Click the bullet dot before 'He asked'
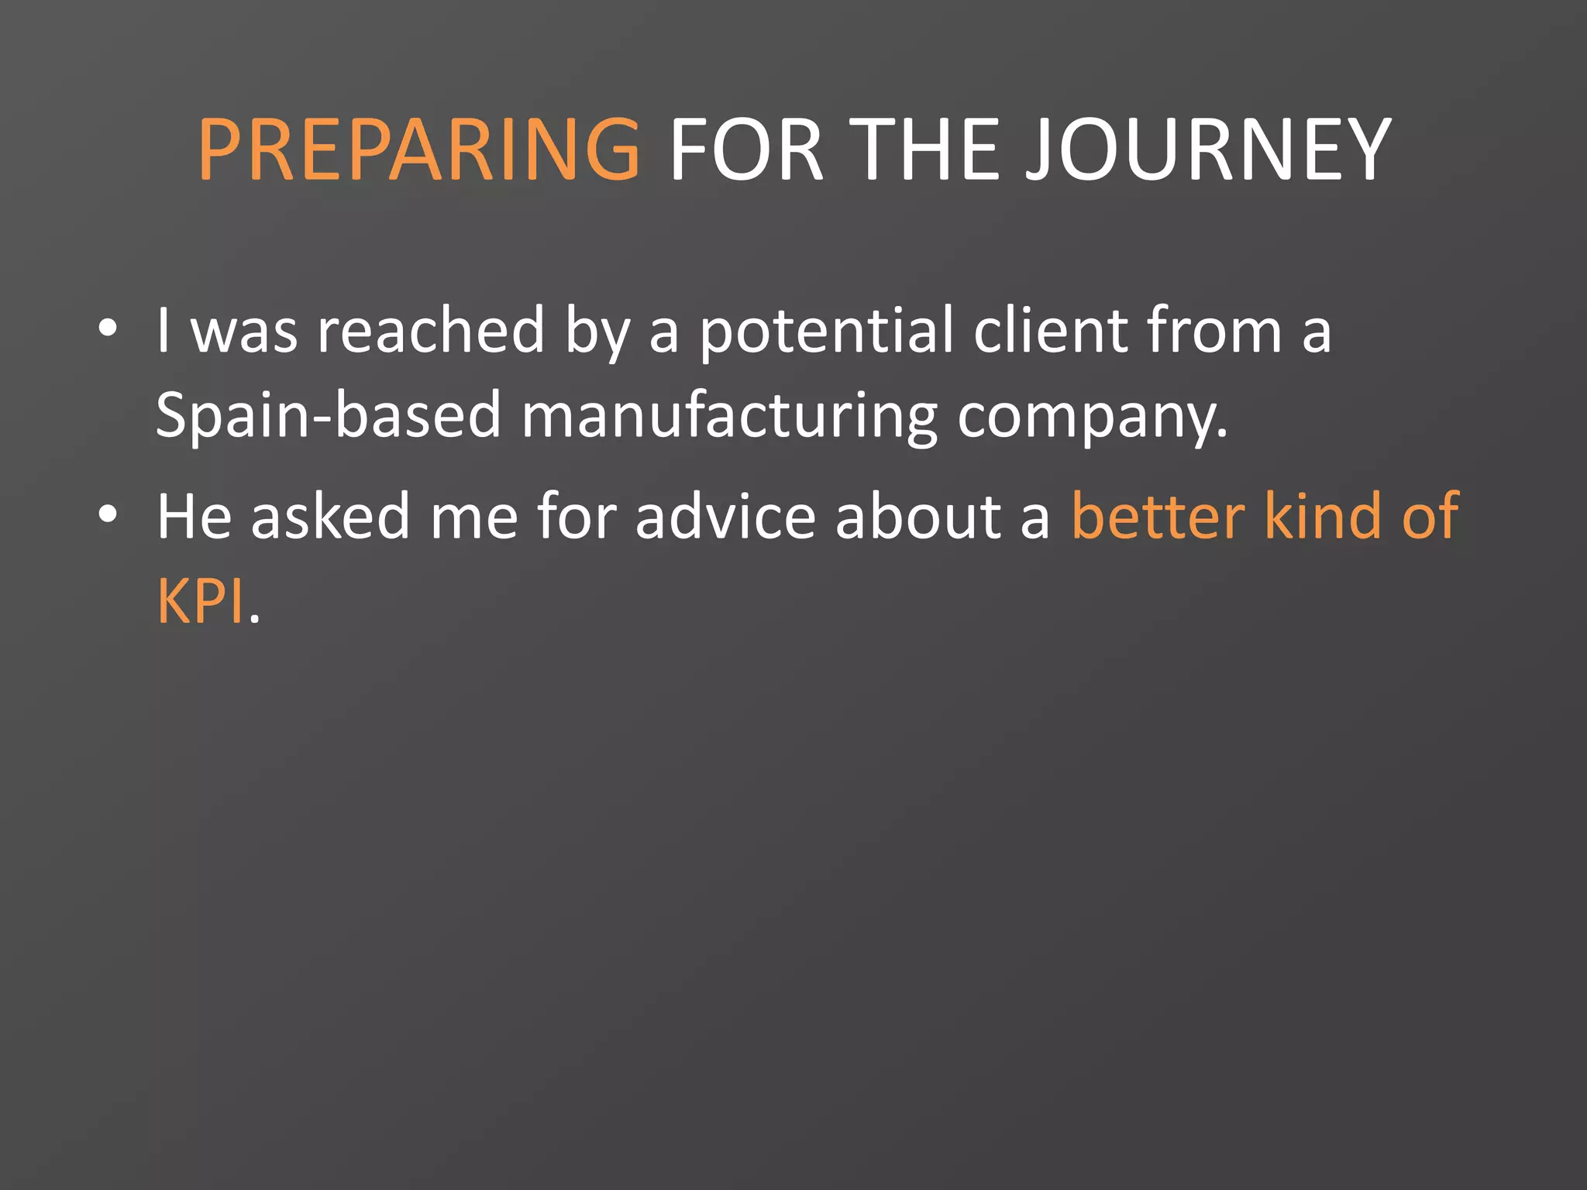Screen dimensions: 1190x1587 click(x=108, y=514)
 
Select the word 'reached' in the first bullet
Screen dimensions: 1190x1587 click(x=431, y=331)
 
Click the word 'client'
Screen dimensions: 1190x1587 click(x=1050, y=331)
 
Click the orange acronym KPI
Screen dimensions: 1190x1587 click(x=200, y=601)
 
